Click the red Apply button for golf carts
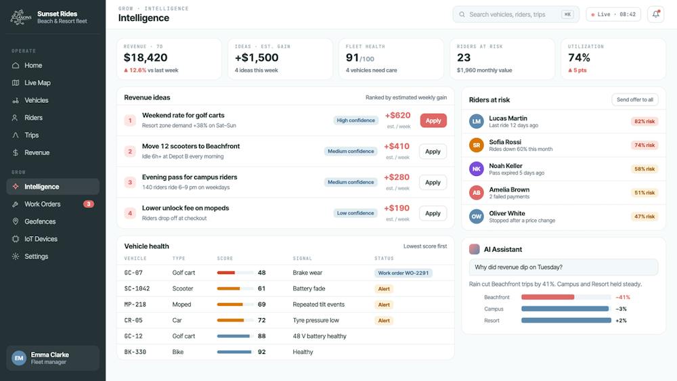(x=433, y=121)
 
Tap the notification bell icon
(x=655, y=14)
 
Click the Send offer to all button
(x=635, y=99)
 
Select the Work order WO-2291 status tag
(x=403, y=273)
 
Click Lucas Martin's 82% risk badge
(x=645, y=122)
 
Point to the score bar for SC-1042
(x=235, y=289)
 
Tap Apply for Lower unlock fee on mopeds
(x=433, y=213)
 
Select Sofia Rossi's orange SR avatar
(x=476, y=145)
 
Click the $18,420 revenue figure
(x=146, y=58)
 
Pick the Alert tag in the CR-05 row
(x=384, y=321)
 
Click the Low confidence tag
(x=355, y=213)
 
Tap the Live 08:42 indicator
(x=613, y=14)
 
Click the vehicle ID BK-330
(x=135, y=352)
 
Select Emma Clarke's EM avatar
(x=19, y=358)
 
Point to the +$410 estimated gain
(x=396, y=146)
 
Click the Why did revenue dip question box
(x=563, y=267)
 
